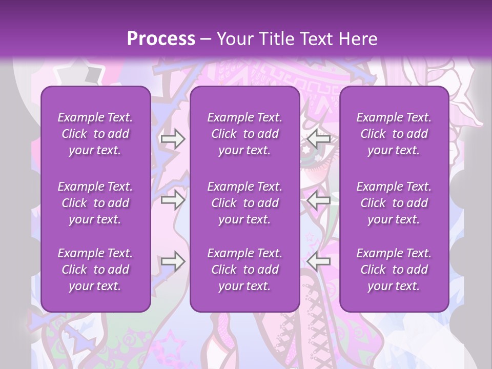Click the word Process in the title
tap(161, 39)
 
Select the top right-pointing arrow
tap(173, 138)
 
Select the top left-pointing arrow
tap(319, 138)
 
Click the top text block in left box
tap(95, 134)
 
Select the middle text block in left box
tap(95, 203)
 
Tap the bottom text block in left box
tap(95, 270)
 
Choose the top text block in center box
tap(245, 134)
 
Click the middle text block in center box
tap(245, 203)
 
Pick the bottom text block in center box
tap(245, 270)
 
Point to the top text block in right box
tap(394, 134)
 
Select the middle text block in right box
tap(394, 203)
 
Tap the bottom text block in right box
tap(394, 270)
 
